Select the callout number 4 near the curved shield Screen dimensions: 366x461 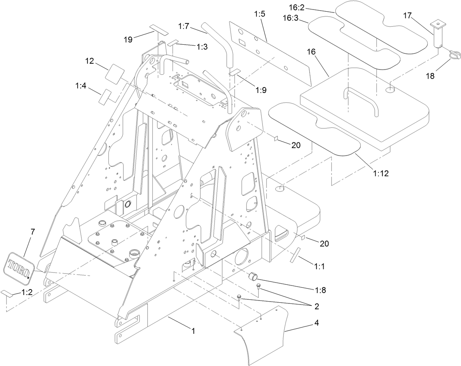click(x=316, y=323)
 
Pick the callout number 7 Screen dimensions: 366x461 click(x=33, y=231)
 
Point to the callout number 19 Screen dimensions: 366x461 click(x=128, y=40)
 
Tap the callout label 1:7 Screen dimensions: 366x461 click(x=184, y=26)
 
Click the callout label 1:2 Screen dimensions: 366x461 click(x=27, y=292)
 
